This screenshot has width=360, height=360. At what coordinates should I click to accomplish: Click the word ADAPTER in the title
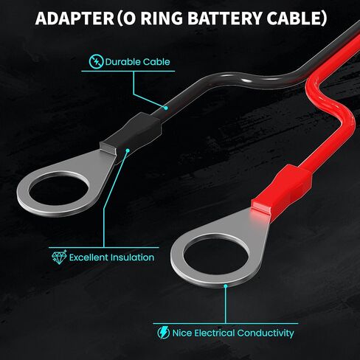point(75,18)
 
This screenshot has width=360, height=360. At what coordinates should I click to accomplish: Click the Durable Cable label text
point(137,62)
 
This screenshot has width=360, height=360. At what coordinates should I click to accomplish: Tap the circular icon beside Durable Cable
point(96,61)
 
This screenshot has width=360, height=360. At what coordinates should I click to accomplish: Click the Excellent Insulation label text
point(111,257)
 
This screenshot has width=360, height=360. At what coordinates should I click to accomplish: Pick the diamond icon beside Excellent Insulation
point(59,257)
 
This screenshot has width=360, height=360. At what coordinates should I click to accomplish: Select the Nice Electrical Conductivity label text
point(233,333)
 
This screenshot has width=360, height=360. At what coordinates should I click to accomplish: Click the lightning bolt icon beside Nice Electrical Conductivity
point(164,333)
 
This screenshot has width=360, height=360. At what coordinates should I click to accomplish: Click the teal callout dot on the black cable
point(166,108)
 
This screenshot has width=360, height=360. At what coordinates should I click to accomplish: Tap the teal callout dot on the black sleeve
point(128,150)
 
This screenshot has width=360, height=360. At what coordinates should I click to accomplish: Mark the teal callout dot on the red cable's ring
point(226,286)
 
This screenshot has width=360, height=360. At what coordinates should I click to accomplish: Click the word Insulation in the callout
point(132,257)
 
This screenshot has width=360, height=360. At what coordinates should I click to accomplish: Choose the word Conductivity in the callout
point(266,333)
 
